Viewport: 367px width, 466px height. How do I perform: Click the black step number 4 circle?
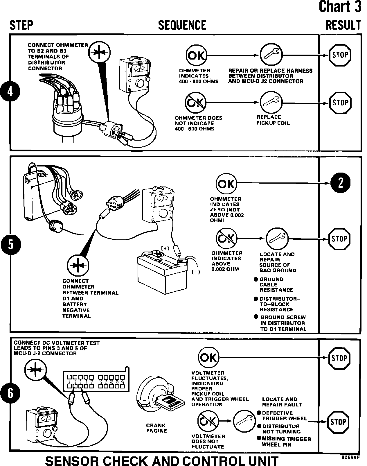10,92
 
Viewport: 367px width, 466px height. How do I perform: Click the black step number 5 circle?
10,244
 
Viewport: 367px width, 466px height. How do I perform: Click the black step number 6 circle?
10,393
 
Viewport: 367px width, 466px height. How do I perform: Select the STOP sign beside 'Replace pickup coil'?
340,103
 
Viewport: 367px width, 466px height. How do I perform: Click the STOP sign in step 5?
339,239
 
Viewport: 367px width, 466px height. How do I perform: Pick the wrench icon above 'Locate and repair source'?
277,239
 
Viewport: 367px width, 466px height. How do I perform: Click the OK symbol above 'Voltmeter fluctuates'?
208,357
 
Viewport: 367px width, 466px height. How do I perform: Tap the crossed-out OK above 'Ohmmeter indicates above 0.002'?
226,239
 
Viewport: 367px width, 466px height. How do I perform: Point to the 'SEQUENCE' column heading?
182,25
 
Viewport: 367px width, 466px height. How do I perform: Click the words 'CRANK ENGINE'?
157,428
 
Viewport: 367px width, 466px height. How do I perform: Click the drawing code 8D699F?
350,457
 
